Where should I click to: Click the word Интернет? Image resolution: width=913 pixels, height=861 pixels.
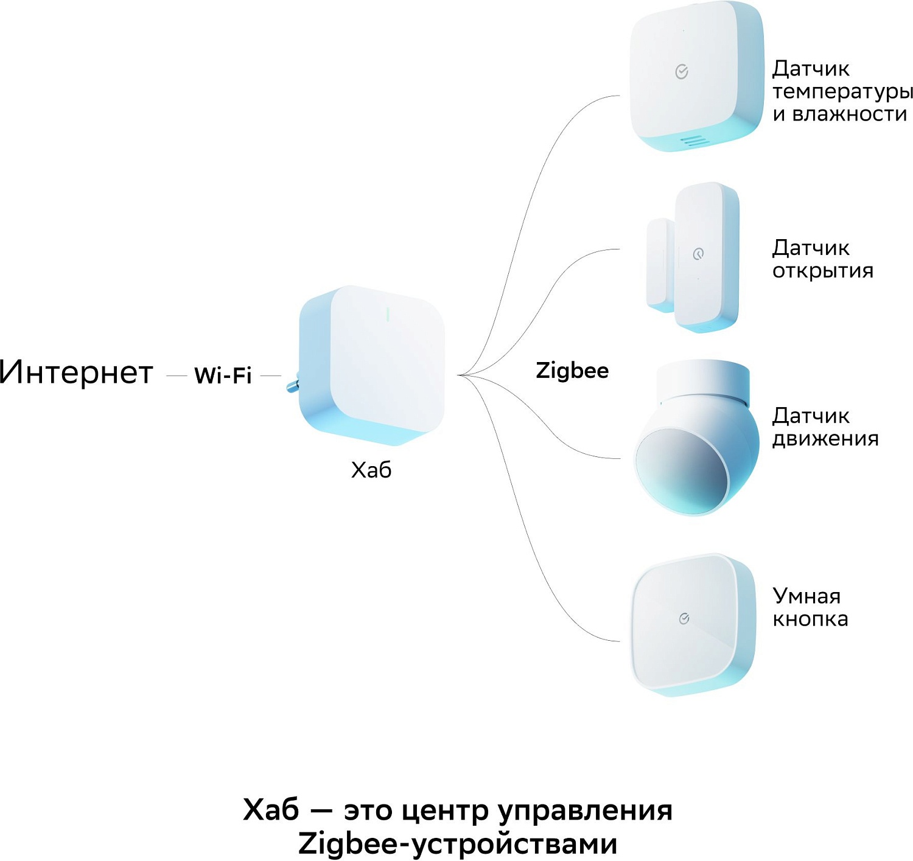click(x=76, y=372)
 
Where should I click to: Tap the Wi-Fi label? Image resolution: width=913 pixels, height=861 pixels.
click(x=223, y=375)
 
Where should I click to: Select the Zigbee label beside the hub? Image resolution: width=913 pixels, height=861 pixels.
click(x=572, y=371)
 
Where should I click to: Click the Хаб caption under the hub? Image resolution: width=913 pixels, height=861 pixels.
click(x=371, y=470)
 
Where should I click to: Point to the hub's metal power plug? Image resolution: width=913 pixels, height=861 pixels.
click(x=292, y=383)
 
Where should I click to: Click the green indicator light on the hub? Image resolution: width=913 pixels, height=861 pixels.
click(x=387, y=314)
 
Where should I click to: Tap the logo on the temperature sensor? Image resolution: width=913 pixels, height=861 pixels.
click(x=682, y=72)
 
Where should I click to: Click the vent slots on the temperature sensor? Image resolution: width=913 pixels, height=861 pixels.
click(x=694, y=141)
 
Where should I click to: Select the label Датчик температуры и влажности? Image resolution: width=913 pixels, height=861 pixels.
click(x=842, y=91)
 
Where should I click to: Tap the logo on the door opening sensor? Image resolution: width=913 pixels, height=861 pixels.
click(x=699, y=254)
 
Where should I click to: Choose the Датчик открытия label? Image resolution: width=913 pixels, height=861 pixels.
click(x=822, y=259)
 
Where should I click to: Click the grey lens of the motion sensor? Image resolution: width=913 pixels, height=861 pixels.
click(x=682, y=469)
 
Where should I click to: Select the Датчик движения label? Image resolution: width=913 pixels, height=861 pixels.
click(x=825, y=427)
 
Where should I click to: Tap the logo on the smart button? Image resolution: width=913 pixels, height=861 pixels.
click(x=684, y=619)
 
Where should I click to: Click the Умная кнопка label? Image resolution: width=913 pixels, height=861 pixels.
click(x=810, y=607)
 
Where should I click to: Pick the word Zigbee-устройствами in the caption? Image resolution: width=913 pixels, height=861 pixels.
click(x=458, y=844)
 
